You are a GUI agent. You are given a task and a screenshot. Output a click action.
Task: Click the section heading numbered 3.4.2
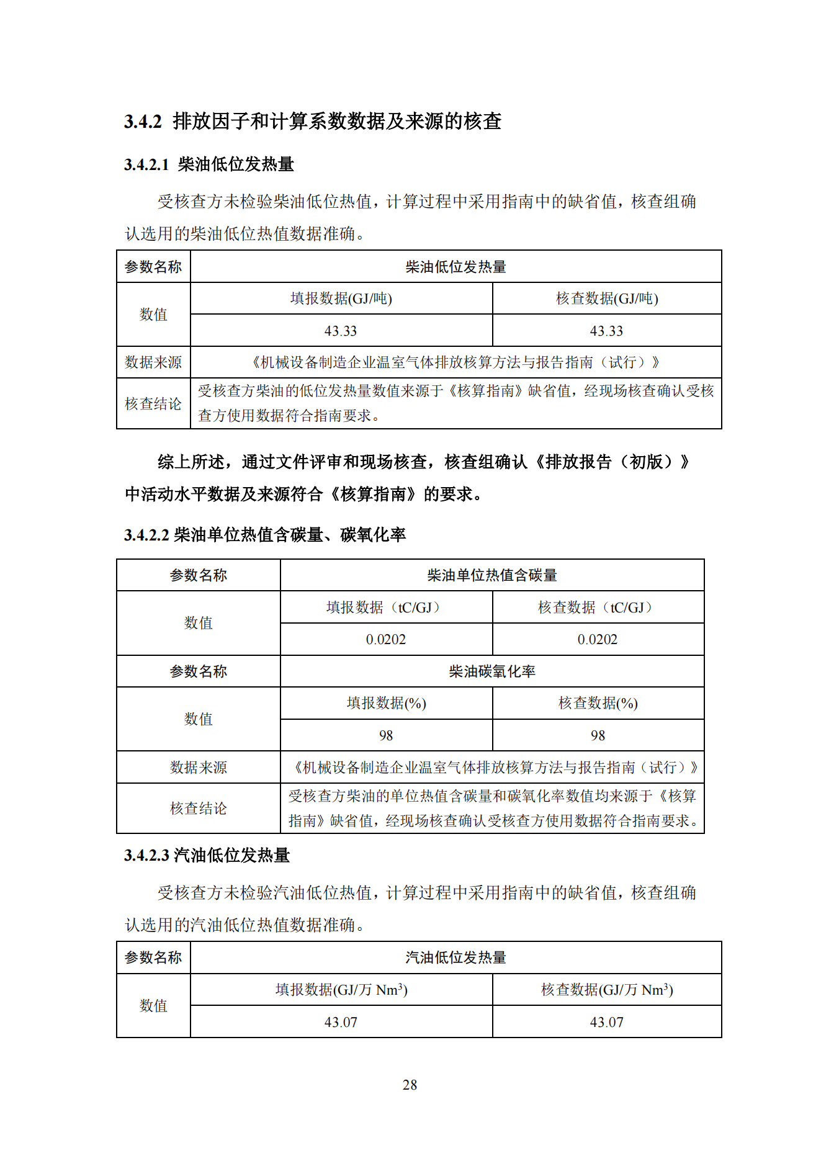[313, 121]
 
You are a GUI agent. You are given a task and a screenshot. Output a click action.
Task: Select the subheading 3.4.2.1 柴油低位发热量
[209, 164]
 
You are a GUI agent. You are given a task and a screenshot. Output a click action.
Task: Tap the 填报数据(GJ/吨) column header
[341, 298]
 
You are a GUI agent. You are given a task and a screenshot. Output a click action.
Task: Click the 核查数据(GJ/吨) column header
[606, 298]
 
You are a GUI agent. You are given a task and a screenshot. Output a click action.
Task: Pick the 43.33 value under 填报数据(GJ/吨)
[341, 331]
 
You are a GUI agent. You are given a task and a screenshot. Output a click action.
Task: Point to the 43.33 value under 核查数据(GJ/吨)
[606, 331]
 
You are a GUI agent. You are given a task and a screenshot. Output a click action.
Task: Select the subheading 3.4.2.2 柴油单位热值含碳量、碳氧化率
[265, 535]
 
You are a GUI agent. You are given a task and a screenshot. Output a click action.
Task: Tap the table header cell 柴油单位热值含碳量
[491, 575]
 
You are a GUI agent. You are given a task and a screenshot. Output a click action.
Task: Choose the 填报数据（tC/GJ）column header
[385, 607]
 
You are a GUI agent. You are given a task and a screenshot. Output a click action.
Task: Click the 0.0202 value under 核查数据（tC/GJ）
[597, 639]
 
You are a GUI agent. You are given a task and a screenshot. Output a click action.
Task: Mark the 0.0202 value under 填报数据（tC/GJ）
[385, 639]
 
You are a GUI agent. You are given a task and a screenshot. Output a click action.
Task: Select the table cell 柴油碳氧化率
[491, 671]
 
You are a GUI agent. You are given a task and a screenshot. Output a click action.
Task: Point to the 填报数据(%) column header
[385, 703]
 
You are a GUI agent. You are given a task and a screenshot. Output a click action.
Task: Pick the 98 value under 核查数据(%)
[597, 735]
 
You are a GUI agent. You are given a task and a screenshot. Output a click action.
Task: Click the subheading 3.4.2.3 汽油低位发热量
[207, 856]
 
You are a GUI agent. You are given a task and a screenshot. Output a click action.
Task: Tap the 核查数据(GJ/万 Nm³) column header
[606, 990]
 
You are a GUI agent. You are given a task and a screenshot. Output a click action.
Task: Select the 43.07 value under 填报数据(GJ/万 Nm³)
[341, 1022]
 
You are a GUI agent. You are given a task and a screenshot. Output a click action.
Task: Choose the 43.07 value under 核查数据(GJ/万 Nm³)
[606, 1022]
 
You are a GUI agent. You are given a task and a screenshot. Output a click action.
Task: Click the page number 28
[410, 1085]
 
